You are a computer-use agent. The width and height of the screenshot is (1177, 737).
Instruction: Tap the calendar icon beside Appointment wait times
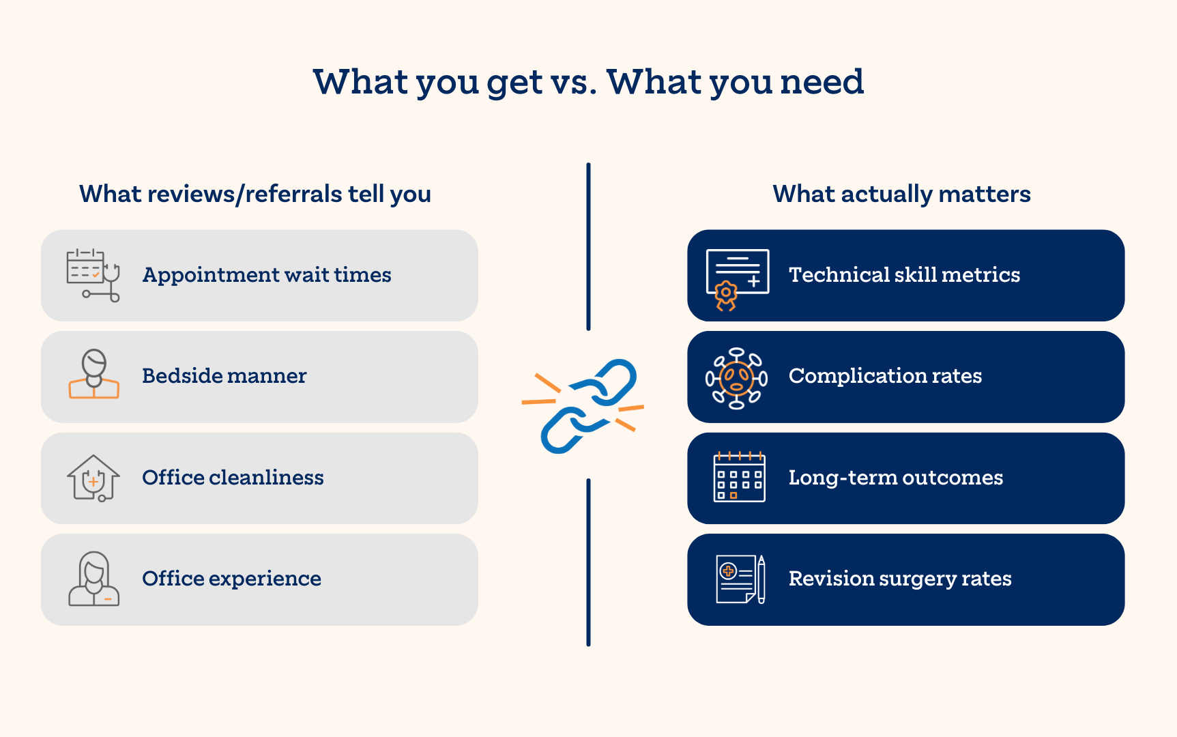click(x=93, y=275)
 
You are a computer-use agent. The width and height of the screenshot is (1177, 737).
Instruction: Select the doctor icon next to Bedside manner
click(x=94, y=374)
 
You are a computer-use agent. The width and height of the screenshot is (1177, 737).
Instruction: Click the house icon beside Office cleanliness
click(x=93, y=478)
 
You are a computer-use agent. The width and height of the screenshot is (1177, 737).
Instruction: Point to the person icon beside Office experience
click(x=94, y=579)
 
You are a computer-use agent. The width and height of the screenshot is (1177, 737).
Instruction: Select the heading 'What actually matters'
click(x=901, y=194)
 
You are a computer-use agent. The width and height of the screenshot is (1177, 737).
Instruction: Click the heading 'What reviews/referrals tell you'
click(x=255, y=194)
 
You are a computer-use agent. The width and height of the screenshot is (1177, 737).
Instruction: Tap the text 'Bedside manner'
click(x=224, y=375)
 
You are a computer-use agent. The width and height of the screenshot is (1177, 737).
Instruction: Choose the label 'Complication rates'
click(x=885, y=376)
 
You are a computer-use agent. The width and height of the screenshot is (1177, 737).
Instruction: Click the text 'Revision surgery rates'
click(x=900, y=579)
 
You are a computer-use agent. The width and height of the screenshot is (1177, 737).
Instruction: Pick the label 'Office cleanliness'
click(x=233, y=477)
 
